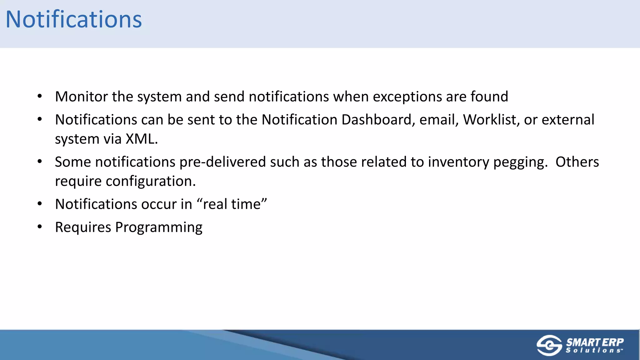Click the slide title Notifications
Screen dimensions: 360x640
click(x=74, y=19)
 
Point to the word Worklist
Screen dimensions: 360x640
click(x=491, y=120)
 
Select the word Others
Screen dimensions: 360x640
click(x=577, y=162)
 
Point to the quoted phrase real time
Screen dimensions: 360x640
click(x=232, y=204)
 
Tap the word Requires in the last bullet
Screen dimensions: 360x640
click(x=83, y=227)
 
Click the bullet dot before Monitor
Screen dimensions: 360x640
click(x=39, y=96)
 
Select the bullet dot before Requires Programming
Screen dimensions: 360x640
click(x=39, y=227)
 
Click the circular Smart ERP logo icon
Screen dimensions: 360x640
click(x=549, y=345)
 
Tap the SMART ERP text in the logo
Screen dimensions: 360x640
click(x=595, y=342)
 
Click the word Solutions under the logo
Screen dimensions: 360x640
click(x=594, y=351)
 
